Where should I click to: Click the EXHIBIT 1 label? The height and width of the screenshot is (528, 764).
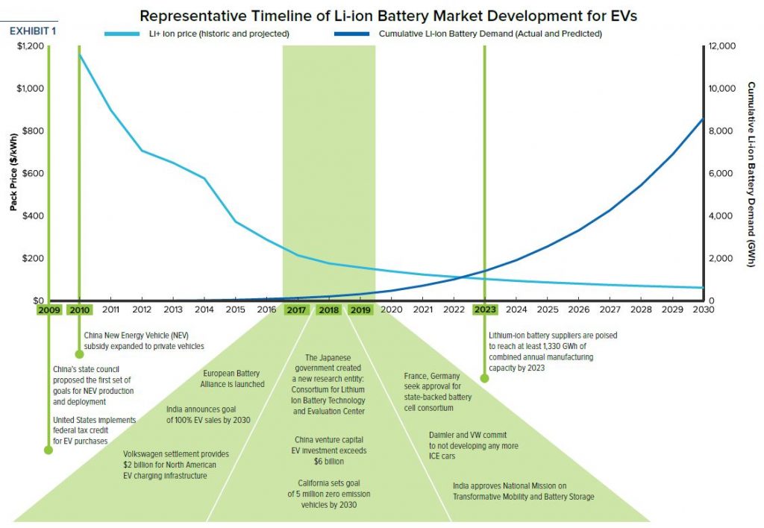point(33,31)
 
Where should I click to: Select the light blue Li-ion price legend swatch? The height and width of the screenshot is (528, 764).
point(122,34)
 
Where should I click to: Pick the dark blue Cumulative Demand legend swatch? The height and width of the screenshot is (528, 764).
point(352,34)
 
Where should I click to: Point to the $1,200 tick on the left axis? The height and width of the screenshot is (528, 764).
point(31,46)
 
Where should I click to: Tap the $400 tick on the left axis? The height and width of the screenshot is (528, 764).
point(33,216)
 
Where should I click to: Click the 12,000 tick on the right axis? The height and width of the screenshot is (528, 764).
point(722,46)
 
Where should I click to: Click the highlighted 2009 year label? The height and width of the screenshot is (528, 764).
point(49,310)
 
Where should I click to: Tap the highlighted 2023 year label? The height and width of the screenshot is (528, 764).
point(485,309)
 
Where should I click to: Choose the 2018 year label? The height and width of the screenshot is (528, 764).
point(328,310)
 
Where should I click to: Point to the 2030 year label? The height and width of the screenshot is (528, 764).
point(704,309)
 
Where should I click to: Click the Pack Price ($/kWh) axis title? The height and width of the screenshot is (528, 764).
point(13,172)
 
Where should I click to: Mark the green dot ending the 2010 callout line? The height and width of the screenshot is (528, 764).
point(79,354)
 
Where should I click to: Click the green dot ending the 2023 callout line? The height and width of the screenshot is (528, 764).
point(484,378)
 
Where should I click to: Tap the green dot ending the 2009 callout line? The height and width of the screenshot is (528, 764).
point(48,450)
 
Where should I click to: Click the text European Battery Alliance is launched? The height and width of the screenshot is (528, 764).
point(232,378)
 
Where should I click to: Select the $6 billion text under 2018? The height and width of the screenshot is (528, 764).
point(329,462)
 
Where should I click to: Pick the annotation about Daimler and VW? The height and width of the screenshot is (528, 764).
point(474,446)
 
